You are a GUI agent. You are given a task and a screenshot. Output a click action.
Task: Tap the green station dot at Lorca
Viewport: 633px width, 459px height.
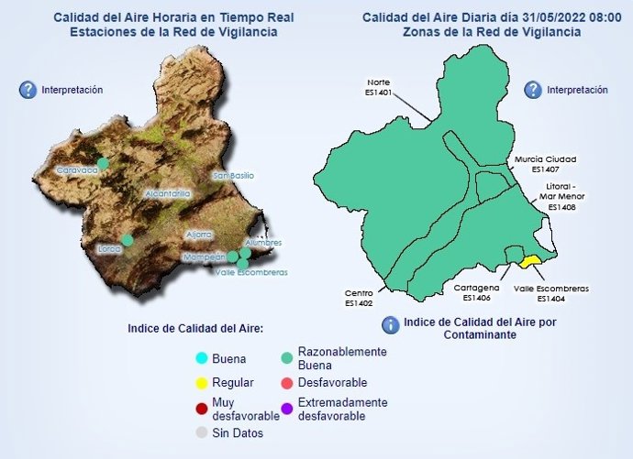(128, 240)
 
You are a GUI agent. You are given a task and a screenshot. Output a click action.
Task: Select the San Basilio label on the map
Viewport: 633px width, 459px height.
(233, 175)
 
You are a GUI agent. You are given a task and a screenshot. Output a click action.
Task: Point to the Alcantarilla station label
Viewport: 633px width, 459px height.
(167, 194)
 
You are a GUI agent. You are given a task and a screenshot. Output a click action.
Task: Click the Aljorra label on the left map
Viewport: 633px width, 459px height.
(199, 235)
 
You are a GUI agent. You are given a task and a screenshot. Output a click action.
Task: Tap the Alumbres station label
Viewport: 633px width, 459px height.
(263, 243)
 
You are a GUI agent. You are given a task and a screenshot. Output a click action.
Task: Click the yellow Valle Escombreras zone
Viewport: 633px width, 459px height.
(529, 261)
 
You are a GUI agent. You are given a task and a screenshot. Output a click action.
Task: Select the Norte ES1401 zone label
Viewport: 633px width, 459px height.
(378, 86)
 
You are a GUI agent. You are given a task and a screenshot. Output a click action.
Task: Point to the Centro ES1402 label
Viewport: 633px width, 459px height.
(359, 298)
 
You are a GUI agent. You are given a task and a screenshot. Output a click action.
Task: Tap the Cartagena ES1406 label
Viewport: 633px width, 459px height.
(476, 292)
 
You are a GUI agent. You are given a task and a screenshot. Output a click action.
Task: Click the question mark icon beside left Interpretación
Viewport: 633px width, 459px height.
(27, 90)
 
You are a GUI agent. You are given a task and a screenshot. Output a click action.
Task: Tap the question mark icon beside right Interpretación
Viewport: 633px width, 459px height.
(533, 90)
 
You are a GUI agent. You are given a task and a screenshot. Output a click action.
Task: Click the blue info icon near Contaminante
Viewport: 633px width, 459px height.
(390, 324)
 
